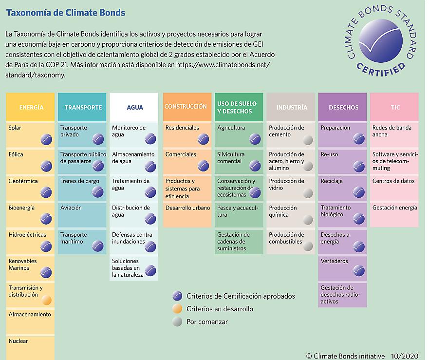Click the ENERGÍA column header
pos(31,107)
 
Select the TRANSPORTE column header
pos(83,107)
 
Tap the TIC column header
pos(394,107)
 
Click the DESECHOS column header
pos(343,107)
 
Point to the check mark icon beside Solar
pos(46,139)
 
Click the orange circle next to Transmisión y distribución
pos(46,300)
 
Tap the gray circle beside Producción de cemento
pos(307,140)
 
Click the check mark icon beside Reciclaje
pos(359,192)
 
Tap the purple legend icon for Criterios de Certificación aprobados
pos(178,296)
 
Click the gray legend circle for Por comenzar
pos(178,322)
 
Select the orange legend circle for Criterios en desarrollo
pos(178,309)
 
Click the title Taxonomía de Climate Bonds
pos(65,12)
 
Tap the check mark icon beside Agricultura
pos(255,139)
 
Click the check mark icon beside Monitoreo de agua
pos(150,139)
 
